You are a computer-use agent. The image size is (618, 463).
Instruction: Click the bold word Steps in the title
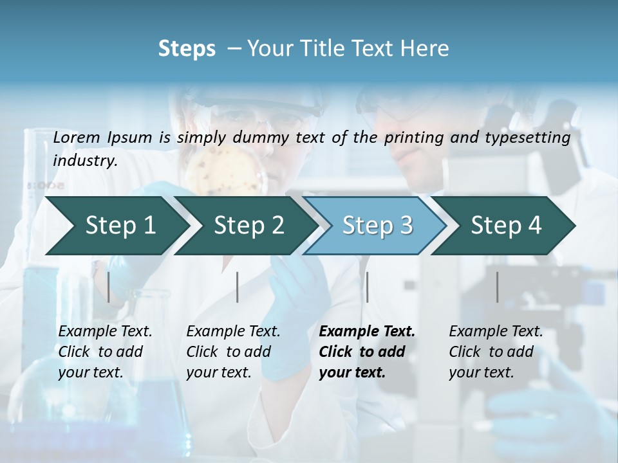point(187,49)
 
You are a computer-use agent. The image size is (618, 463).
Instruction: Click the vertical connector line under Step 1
point(108,287)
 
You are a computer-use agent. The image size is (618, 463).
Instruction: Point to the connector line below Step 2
point(238,287)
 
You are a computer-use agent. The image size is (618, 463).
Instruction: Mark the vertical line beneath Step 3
point(367,287)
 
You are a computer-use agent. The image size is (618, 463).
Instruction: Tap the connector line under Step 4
point(497,287)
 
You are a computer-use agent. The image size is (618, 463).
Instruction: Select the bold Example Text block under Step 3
point(367,352)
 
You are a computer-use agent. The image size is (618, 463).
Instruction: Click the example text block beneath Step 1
point(105,352)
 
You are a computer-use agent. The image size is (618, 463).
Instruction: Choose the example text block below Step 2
point(233,352)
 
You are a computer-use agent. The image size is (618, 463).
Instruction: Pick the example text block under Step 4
point(496,352)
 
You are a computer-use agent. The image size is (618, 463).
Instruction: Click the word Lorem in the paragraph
point(77,137)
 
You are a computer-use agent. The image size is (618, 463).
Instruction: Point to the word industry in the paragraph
point(84,161)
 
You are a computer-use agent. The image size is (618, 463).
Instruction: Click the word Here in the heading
point(427,49)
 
